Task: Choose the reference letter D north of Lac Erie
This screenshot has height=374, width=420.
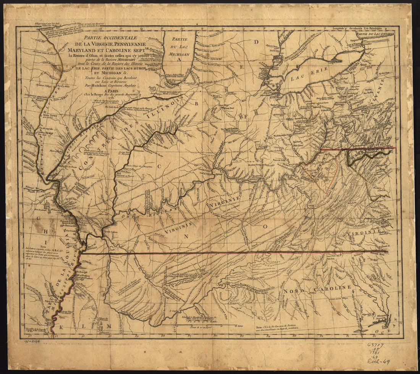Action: (257, 42)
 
